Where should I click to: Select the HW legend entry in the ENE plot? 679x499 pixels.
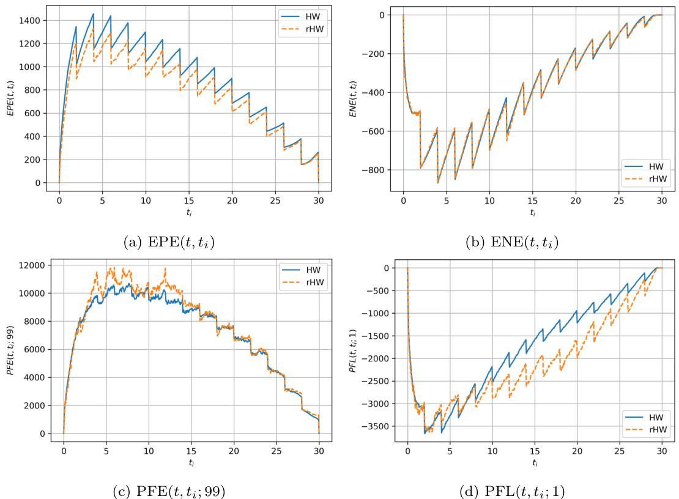(648, 165)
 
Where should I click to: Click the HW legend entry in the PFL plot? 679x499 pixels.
(648, 417)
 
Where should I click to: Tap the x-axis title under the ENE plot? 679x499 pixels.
(532, 212)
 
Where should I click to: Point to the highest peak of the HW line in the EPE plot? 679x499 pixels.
(93, 13)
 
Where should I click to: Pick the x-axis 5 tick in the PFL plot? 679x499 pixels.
(450, 451)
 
